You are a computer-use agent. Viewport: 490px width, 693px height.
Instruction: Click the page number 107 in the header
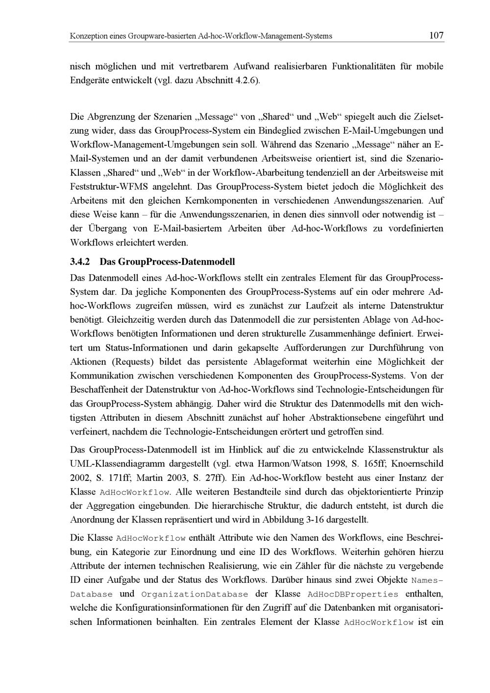(x=436, y=35)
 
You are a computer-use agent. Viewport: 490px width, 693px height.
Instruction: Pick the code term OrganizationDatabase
(x=195, y=595)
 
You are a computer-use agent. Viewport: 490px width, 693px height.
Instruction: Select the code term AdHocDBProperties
(x=352, y=595)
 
